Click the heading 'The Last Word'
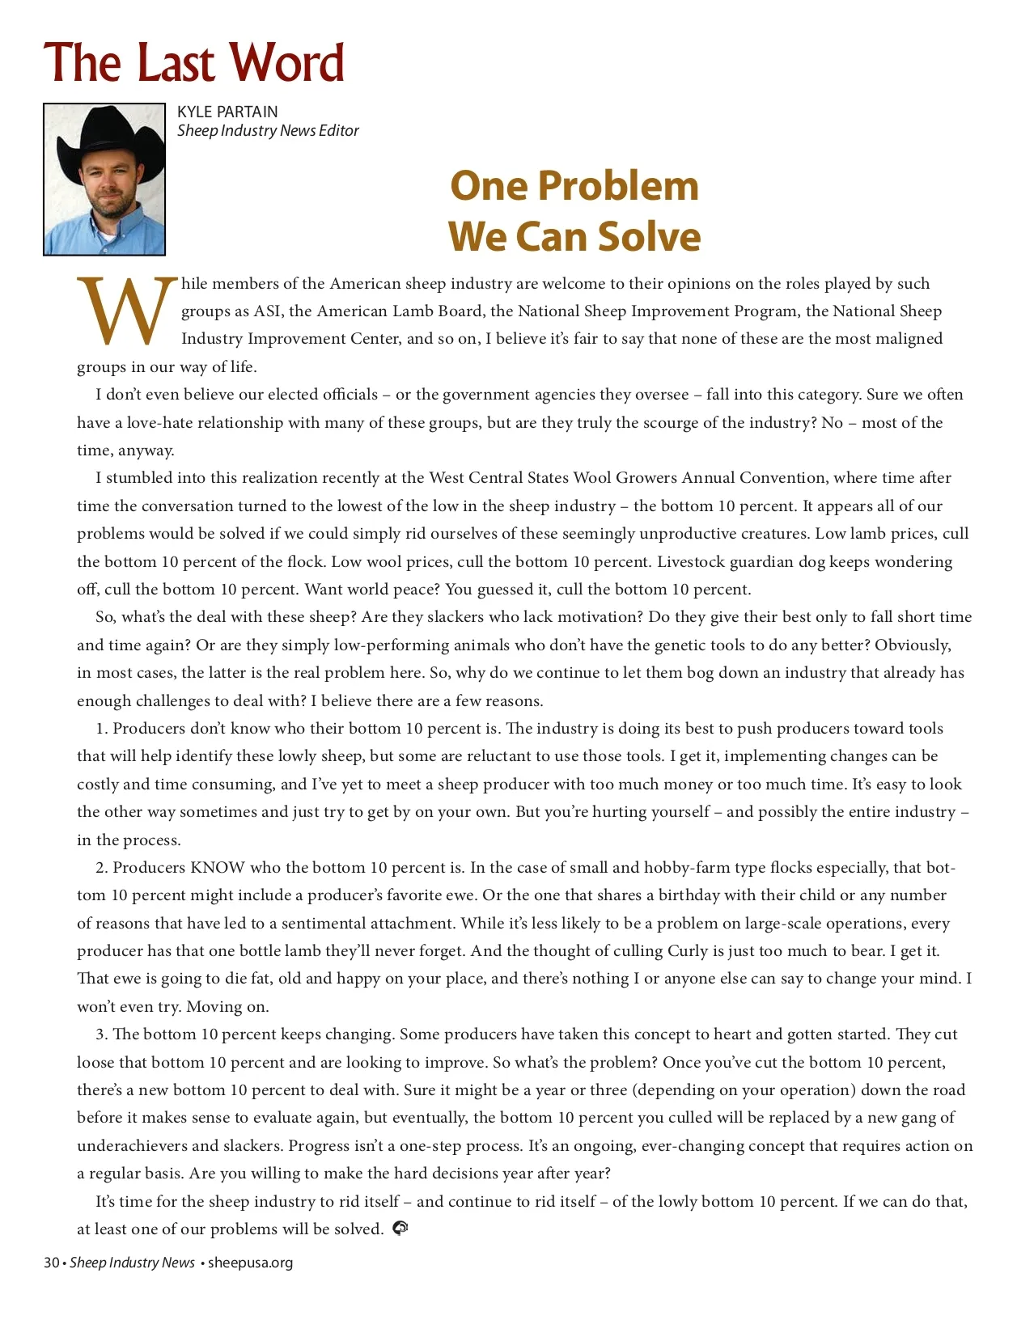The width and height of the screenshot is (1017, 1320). tap(194, 62)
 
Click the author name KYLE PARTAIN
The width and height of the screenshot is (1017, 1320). tap(227, 112)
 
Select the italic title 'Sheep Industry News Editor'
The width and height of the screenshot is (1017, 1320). tap(268, 130)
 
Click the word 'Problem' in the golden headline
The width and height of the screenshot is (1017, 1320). tap(618, 185)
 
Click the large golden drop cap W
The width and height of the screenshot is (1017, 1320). tap(126, 311)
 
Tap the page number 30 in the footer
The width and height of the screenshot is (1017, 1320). tap(51, 1263)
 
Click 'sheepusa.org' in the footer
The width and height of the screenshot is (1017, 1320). tap(250, 1263)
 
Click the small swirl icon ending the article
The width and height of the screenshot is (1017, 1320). tap(400, 1229)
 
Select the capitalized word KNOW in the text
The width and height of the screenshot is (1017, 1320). tap(217, 868)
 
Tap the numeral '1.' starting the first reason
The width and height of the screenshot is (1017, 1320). tap(102, 729)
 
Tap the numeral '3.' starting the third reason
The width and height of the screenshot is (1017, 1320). tap(102, 1034)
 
